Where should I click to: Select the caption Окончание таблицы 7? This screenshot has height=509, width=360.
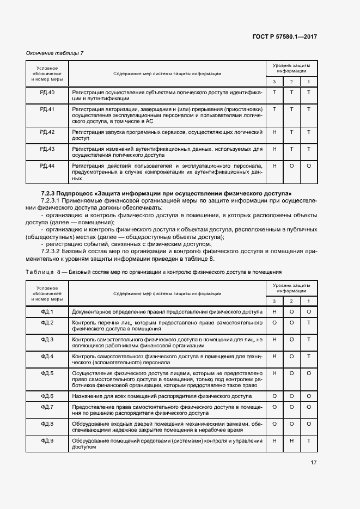(x=55, y=53)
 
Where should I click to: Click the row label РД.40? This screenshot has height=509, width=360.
(x=47, y=93)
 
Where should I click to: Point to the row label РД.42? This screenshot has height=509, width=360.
(x=47, y=132)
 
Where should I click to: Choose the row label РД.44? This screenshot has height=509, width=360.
(x=47, y=165)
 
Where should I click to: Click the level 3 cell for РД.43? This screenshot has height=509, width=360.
(x=274, y=149)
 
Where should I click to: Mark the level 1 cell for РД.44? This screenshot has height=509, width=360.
(x=309, y=165)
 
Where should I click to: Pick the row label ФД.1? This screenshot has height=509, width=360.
(x=47, y=312)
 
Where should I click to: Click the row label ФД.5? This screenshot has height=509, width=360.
(x=47, y=373)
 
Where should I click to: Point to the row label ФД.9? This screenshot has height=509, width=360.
(x=47, y=440)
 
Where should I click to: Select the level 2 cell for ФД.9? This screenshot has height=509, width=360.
(x=291, y=440)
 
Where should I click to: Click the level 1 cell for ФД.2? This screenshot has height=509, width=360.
(x=309, y=323)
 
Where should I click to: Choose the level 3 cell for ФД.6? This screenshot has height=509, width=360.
(x=274, y=396)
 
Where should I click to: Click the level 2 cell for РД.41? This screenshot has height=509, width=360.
(x=291, y=109)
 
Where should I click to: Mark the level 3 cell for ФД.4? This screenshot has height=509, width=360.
(x=274, y=357)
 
